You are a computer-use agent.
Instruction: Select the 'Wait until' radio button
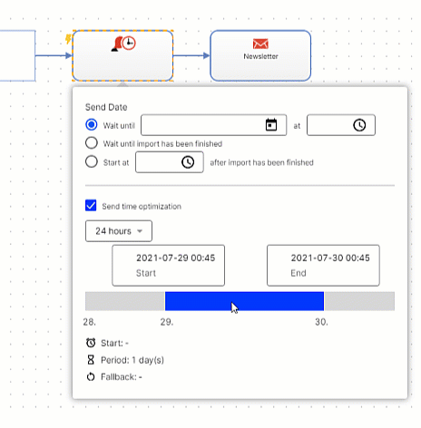92,124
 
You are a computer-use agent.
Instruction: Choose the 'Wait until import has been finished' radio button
92,143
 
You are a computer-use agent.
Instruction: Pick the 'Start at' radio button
92,161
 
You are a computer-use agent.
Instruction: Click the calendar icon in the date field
271,125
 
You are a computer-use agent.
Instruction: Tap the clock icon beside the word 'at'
359,125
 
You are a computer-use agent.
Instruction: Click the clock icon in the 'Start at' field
188,162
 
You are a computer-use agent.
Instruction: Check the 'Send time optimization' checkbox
91,205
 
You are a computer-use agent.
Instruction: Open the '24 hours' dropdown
119,231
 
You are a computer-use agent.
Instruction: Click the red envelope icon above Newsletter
260,44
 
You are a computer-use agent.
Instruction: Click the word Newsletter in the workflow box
260,56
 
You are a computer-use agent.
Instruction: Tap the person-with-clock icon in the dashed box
123,44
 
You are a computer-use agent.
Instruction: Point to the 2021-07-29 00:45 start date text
176,258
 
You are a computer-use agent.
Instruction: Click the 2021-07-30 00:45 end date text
330,258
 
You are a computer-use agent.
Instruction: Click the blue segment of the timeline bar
244,301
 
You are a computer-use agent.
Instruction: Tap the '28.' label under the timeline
90,322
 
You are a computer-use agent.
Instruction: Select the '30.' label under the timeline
321,322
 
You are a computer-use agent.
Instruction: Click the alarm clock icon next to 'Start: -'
91,343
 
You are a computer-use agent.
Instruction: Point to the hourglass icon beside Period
91,360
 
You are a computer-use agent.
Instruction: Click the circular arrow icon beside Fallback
91,377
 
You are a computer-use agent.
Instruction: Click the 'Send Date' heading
106,107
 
